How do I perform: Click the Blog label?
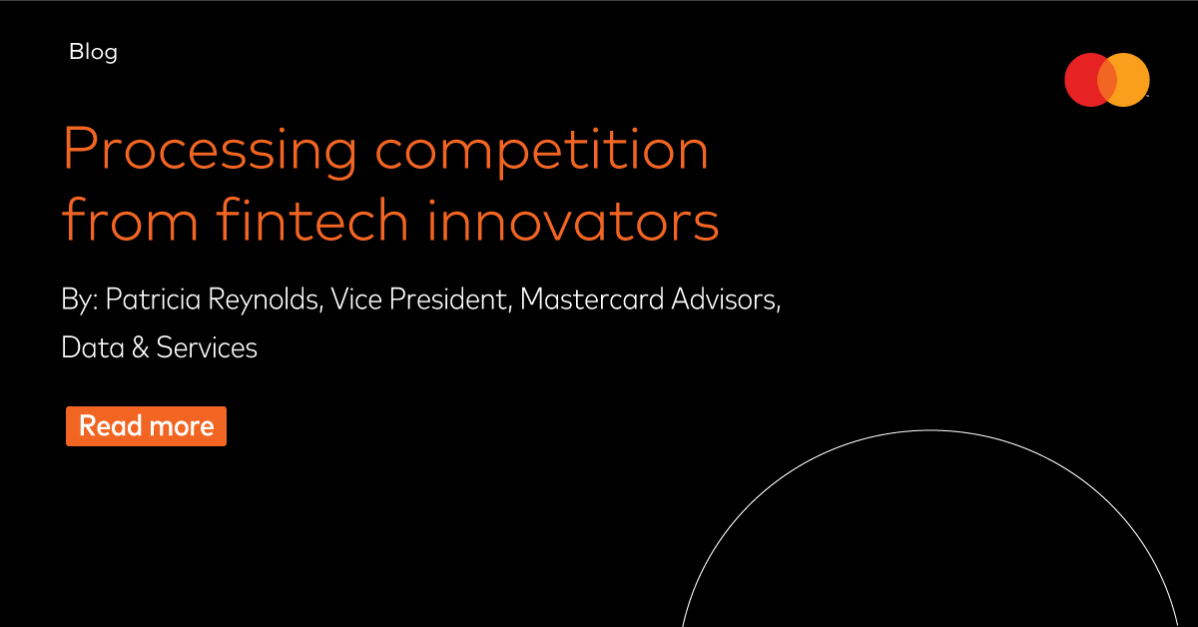point(93,53)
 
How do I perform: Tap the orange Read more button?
point(146,426)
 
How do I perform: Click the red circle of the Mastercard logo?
point(1081,80)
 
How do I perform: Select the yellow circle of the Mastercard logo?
point(1133,80)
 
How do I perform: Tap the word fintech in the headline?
point(312,219)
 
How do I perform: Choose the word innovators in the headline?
point(573,219)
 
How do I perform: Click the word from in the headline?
point(130,219)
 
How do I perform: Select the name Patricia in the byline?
point(153,299)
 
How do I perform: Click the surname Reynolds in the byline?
point(266,300)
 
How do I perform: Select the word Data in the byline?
point(93,347)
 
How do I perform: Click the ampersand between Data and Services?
point(140,347)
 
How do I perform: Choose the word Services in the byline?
point(207,347)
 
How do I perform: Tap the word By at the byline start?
point(80,300)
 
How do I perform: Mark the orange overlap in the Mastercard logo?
point(1107,80)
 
